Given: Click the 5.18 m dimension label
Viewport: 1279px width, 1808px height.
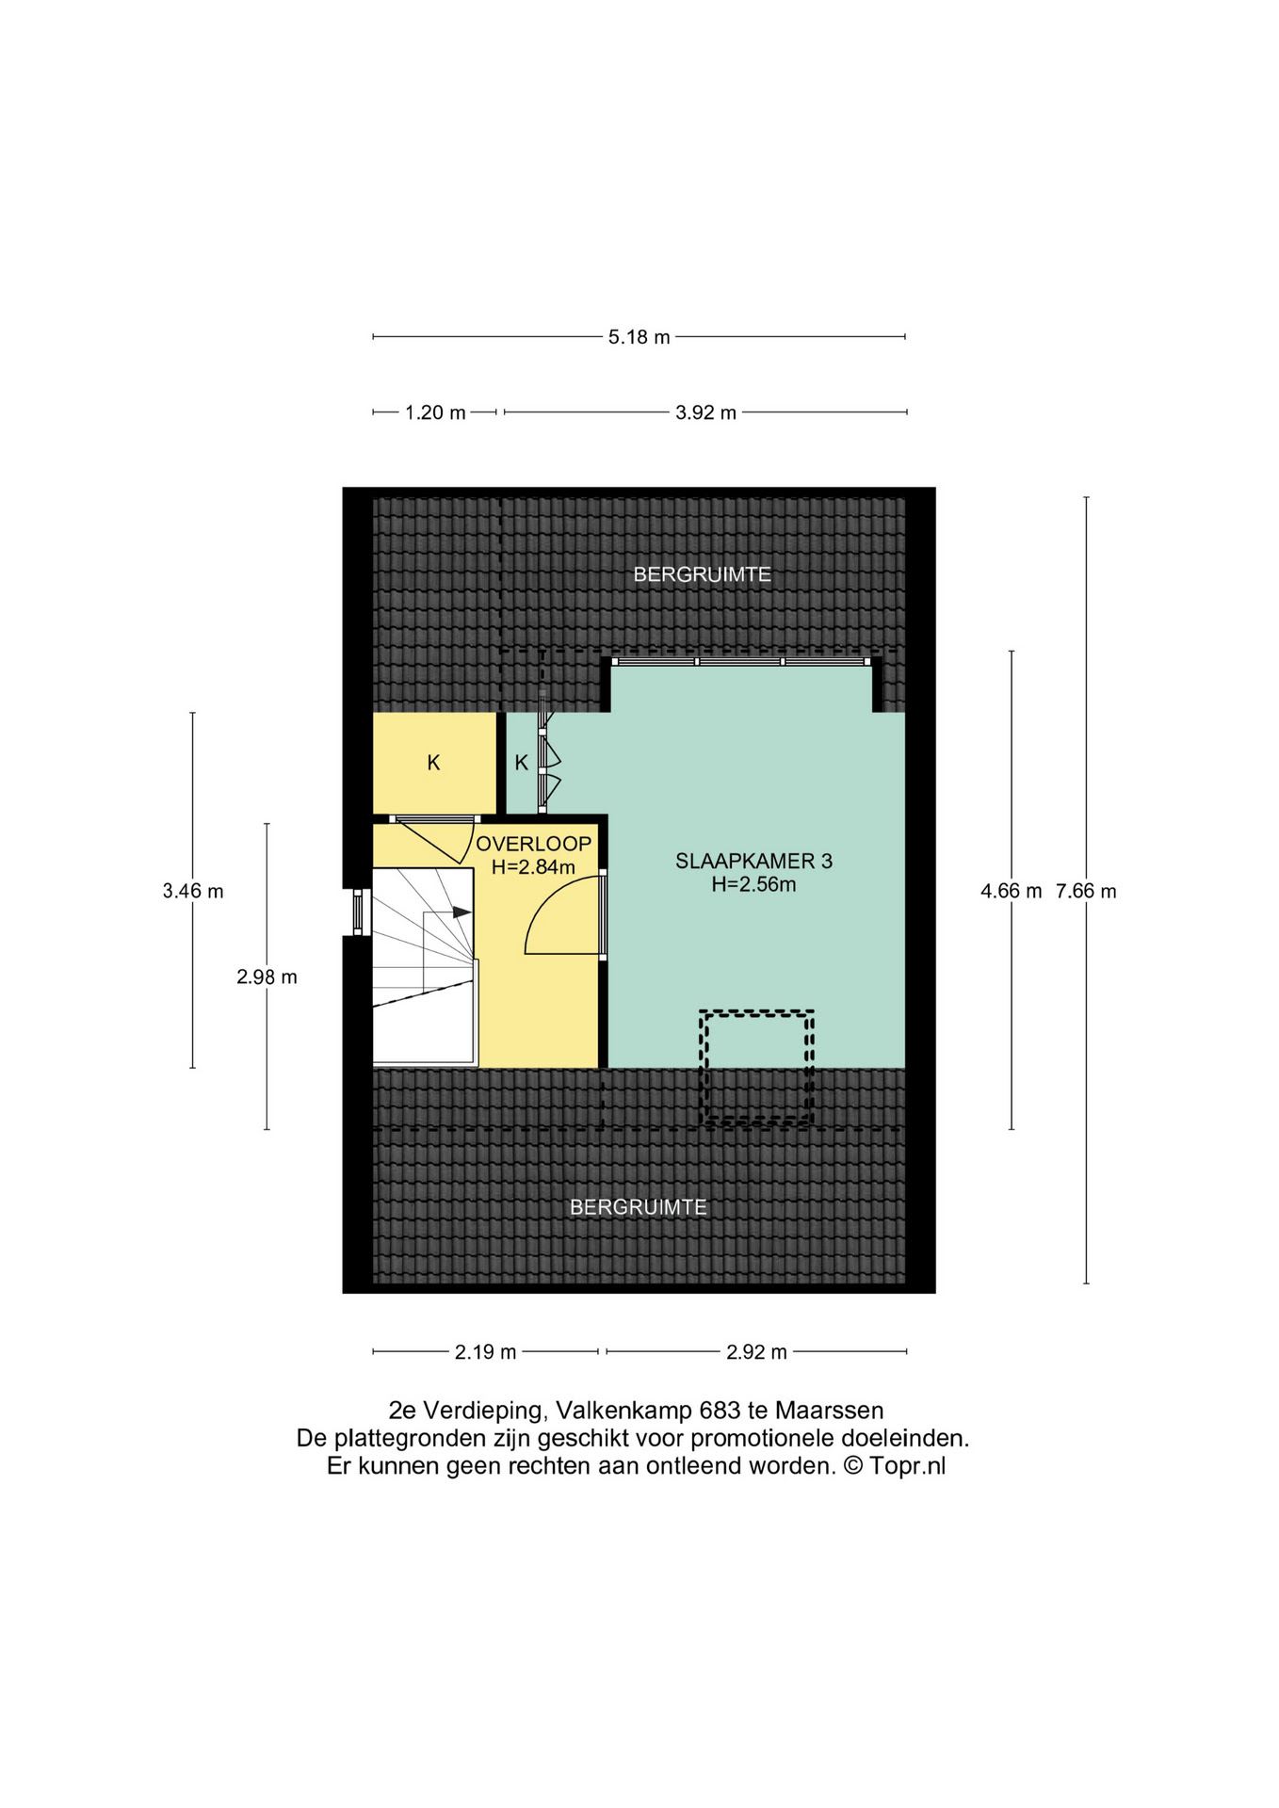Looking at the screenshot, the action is [639, 337].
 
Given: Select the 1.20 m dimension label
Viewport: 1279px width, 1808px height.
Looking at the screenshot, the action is [435, 412].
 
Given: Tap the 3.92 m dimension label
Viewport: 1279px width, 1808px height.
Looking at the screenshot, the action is [705, 412].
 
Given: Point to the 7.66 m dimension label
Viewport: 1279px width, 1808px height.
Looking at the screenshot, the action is [1086, 891].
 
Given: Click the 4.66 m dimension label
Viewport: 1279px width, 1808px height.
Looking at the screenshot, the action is [1012, 891].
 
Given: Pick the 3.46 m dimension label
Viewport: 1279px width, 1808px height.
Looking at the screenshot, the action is [193, 891].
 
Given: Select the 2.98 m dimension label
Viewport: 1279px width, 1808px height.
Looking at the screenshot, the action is [267, 977].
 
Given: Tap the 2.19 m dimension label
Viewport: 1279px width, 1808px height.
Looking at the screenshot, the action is [485, 1352].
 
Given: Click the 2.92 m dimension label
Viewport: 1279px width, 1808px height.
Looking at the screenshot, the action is [756, 1352].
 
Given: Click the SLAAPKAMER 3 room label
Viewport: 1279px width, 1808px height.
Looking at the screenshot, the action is [753, 861].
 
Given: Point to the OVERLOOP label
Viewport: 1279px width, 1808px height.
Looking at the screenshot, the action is [534, 844].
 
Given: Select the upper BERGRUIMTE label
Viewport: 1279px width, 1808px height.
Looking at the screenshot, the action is [702, 574].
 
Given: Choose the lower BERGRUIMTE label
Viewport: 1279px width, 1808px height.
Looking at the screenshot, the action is [639, 1207].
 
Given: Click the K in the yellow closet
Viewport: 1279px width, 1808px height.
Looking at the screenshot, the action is [433, 763].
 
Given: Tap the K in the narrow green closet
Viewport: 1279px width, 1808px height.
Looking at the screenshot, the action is [522, 763].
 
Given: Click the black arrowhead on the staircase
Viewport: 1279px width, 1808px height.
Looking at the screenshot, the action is [461, 912].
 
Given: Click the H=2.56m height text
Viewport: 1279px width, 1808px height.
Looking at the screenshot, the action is [753, 884].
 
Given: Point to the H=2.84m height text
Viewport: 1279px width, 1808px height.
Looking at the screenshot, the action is [533, 867].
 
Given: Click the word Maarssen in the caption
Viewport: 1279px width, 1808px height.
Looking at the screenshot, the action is [829, 1411].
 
